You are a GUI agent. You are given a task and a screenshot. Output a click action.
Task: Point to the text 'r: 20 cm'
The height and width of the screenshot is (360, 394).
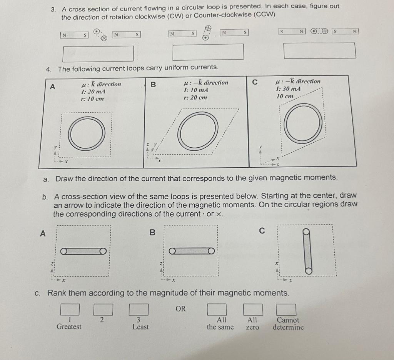(x=195, y=97)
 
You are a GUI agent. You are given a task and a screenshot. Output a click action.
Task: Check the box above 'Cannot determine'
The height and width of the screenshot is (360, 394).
(x=286, y=310)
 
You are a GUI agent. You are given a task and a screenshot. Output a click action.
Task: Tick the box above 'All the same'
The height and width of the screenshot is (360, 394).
(x=217, y=310)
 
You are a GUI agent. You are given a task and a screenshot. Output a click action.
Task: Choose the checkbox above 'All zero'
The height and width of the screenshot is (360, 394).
(x=253, y=310)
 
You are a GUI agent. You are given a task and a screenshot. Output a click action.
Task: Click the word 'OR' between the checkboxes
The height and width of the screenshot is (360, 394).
(x=181, y=308)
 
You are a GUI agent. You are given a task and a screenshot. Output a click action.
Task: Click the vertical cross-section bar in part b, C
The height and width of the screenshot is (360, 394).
(x=307, y=251)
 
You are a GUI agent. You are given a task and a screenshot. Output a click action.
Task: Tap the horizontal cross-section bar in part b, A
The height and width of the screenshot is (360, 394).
(x=83, y=251)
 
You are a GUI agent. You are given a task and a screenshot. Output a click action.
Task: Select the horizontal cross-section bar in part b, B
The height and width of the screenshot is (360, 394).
(x=192, y=251)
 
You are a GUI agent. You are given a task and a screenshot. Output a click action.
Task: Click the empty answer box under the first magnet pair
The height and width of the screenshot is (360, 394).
(x=98, y=53)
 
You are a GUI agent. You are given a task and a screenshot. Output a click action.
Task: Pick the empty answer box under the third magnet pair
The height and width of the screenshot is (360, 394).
(x=319, y=51)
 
